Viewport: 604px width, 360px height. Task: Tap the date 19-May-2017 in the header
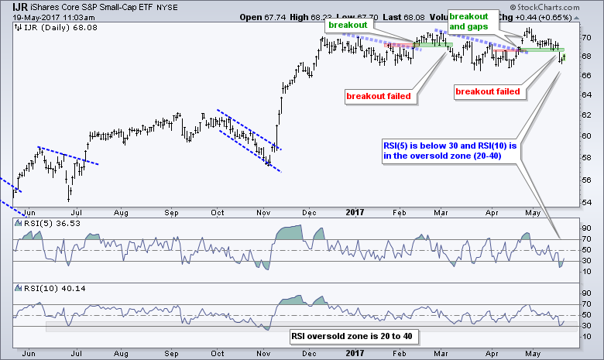pyautogui.click(x=26, y=16)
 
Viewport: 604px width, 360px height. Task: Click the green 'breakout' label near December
pyautogui.click(x=347, y=26)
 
